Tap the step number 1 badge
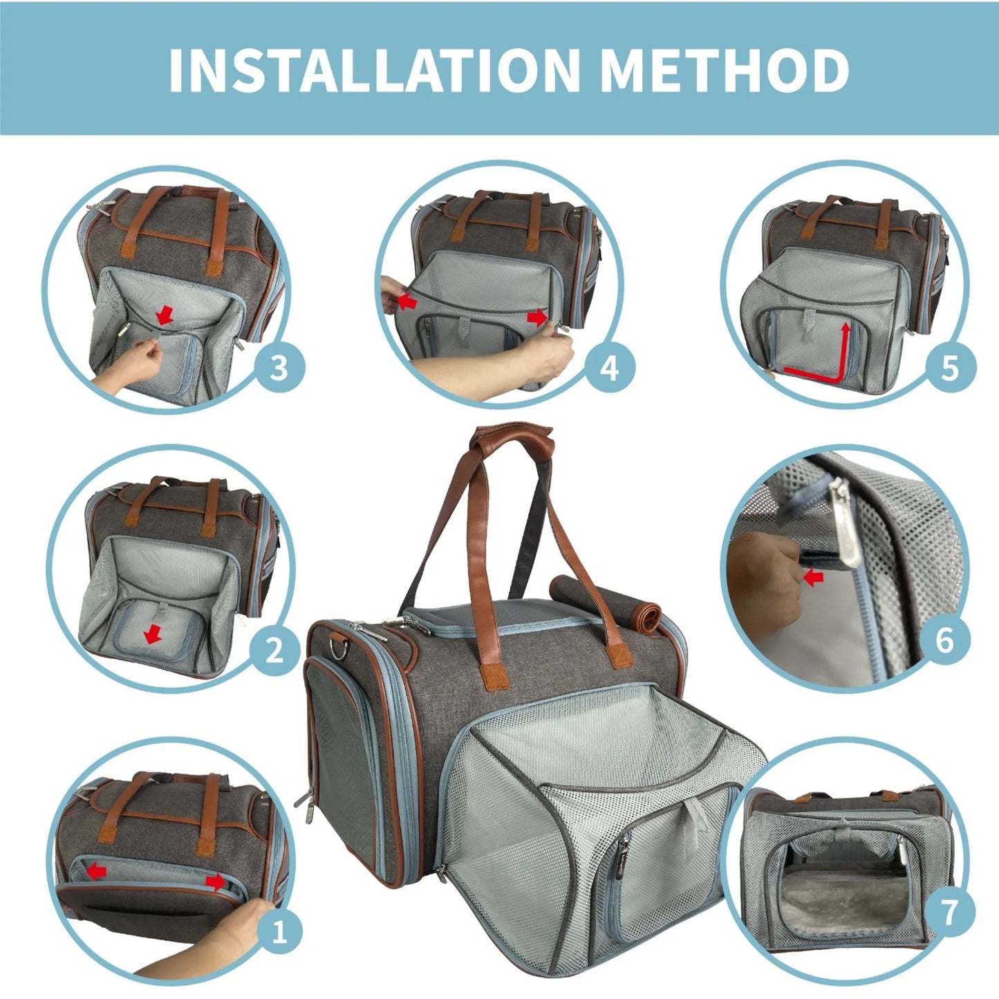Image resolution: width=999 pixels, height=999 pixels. (x=279, y=932)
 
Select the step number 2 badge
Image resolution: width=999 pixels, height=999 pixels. (x=274, y=650)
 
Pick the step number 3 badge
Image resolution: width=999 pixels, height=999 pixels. (x=279, y=368)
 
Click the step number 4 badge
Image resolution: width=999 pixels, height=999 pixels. (x=609, y=368)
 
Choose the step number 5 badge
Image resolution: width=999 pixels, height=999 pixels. (x=950, y=368)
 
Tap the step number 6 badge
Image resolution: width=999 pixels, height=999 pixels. (x=944, y=640)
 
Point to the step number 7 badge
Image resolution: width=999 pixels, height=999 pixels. (x=949, y=911)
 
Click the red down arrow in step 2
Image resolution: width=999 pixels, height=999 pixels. (x=153, y=635)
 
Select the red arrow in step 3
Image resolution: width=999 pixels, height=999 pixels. (x=165, y=316)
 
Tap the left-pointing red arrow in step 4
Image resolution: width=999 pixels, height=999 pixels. (x=408, y=301)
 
